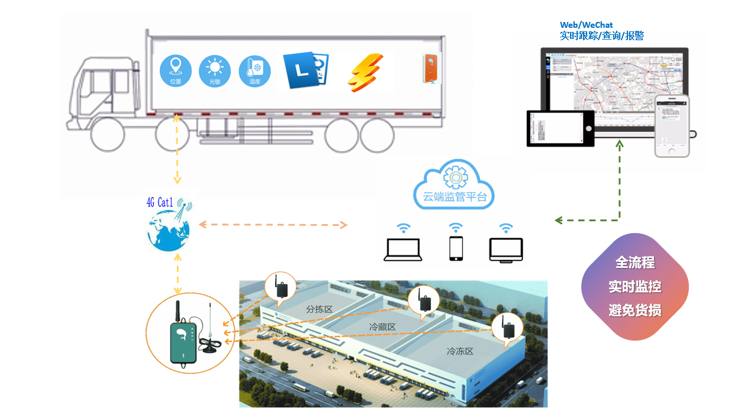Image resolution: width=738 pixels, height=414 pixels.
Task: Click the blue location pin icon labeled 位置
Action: (x=176, y=70)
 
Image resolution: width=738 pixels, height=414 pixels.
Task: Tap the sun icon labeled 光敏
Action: (x=215, y=70)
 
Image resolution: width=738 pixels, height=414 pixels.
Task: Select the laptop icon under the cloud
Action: (x=403, y=248)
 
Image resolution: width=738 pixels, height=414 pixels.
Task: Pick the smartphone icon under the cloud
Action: (x=455, y=248)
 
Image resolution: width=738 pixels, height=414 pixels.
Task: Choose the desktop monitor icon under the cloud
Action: (x=506, y=250)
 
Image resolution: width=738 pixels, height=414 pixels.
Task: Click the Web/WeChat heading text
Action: (x=587, y=25)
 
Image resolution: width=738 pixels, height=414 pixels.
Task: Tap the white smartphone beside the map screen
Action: (x=672, y=126)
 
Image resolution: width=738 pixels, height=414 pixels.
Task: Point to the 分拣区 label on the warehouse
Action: (x=320, y=309)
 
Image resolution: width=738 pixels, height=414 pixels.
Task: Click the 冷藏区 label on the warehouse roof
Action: (x=382, y=326)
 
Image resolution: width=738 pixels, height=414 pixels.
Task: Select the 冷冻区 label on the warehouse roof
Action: (x=460, y=351)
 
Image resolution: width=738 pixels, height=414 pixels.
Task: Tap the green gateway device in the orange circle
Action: (x=183, y=342)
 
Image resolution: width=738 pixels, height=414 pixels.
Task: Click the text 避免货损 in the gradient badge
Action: (x=635, y=310)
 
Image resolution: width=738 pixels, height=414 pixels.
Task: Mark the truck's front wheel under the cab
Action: (x=107, y=134)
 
